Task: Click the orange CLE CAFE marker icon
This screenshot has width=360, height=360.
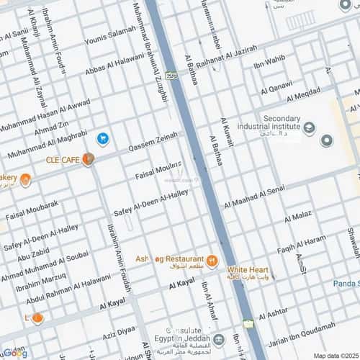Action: click(x=88, y=159)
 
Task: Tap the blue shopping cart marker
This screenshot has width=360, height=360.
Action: click(x=103, y=138)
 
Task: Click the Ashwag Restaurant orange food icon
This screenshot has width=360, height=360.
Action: click(x=212, y=261)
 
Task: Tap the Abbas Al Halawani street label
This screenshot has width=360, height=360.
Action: click(x=114, y=66)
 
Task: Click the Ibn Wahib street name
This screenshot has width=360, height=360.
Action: click(x=269, y=63)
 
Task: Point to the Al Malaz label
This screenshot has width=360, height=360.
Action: click(x=297, y=217)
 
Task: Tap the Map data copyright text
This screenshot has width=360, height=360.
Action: click(x=334, y=355)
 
